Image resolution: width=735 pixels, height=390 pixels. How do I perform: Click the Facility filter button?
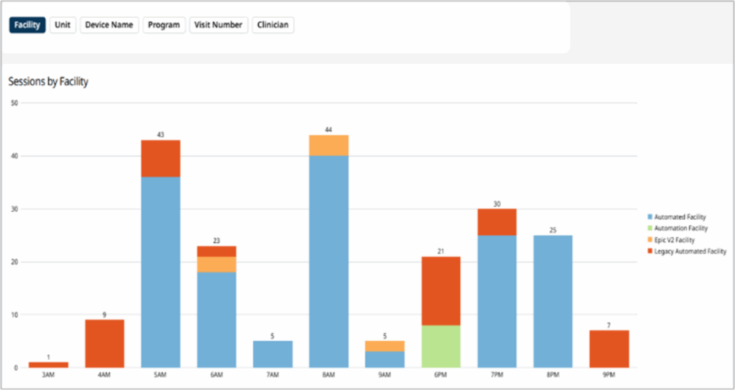[x=27, y=25]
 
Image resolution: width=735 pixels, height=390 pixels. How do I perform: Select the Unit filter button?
[x=62, y=25]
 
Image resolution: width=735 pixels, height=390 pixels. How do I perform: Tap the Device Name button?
[x=109, y=25]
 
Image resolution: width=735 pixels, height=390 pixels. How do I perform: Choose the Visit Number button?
[x=219, y=25]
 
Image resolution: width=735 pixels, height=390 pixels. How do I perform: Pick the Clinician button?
[x=273, y=25]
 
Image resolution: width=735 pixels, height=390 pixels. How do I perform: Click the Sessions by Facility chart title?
[x=48, y=82]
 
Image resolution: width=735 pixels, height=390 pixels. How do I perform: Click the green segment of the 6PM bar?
[x=441, y=346]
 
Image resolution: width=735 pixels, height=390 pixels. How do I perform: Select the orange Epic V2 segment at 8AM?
[x=329, y=146]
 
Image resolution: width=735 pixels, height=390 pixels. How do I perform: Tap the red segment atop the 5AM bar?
[x=161, y=158]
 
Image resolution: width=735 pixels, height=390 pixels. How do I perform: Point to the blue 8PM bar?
[x=553, y=301]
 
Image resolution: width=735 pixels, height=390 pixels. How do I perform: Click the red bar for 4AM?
[x=105, y=343]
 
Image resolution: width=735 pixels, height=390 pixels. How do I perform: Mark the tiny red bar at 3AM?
[x=49, y=365]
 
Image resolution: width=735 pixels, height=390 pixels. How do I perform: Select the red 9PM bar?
[x=609, y=349]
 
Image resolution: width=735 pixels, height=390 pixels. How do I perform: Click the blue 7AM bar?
[x=273, y=354]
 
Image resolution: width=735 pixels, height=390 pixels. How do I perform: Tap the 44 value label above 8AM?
[x=329, y=130]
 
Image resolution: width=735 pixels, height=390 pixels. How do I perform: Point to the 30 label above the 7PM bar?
[x=497, y=204]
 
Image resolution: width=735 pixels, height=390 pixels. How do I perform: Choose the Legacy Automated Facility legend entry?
[x=688, y=252]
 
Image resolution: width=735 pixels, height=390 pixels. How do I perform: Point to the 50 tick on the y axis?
[x=15, y=103]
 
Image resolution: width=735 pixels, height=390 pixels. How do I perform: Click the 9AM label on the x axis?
[x=385, y=376]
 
